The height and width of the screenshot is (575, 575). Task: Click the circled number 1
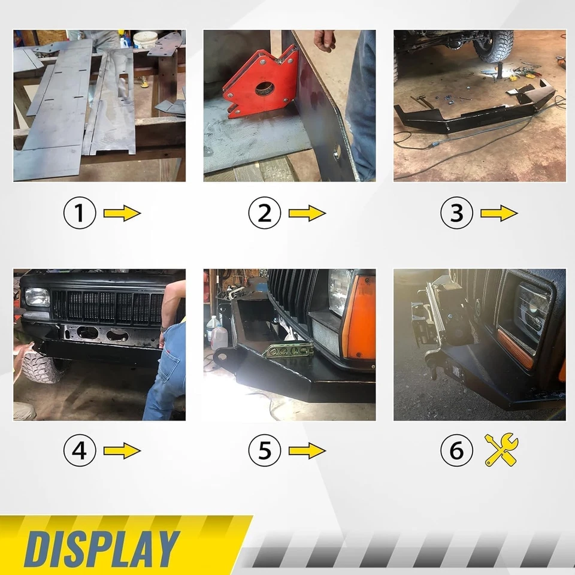[x=80, y=214]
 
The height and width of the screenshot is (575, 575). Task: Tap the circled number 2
[x=265, y=214]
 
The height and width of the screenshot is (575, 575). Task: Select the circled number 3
[x=456, y=214]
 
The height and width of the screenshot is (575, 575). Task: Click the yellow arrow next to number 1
[x=122, y=213]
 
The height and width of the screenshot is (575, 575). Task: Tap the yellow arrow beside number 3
[x=499, y=213]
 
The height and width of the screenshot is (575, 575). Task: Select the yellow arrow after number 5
[x=307, y=451]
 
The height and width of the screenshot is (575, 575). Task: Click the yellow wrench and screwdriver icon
[x=501, y=450]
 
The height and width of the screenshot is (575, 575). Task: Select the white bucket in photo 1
[x=145, y=40]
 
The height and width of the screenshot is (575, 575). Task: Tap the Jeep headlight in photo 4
[x=37, y=296]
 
